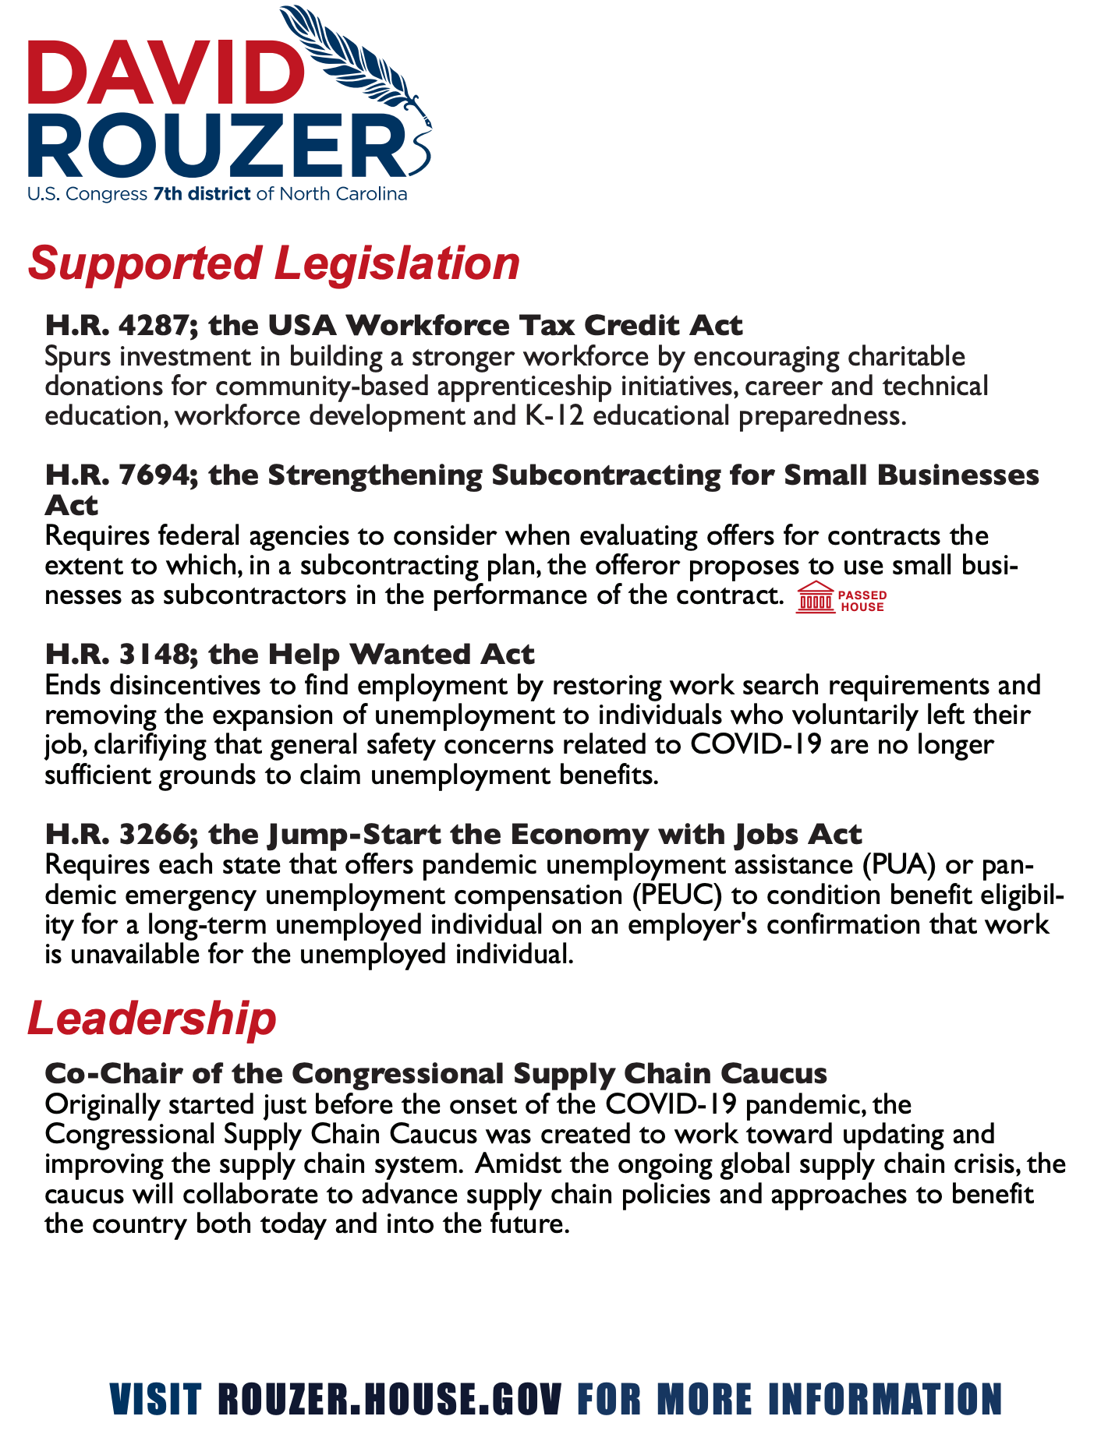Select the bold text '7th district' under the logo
(202, 194)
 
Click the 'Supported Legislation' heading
(274, 263)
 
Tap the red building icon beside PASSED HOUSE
(814, 598)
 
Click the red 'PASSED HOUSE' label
(862, 601)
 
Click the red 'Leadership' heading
(152, 1018)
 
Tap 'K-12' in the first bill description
(543, 415)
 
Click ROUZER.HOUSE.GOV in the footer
(389, 1399)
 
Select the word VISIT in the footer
(155, 1399)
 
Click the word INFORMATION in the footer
(885, 1399)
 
